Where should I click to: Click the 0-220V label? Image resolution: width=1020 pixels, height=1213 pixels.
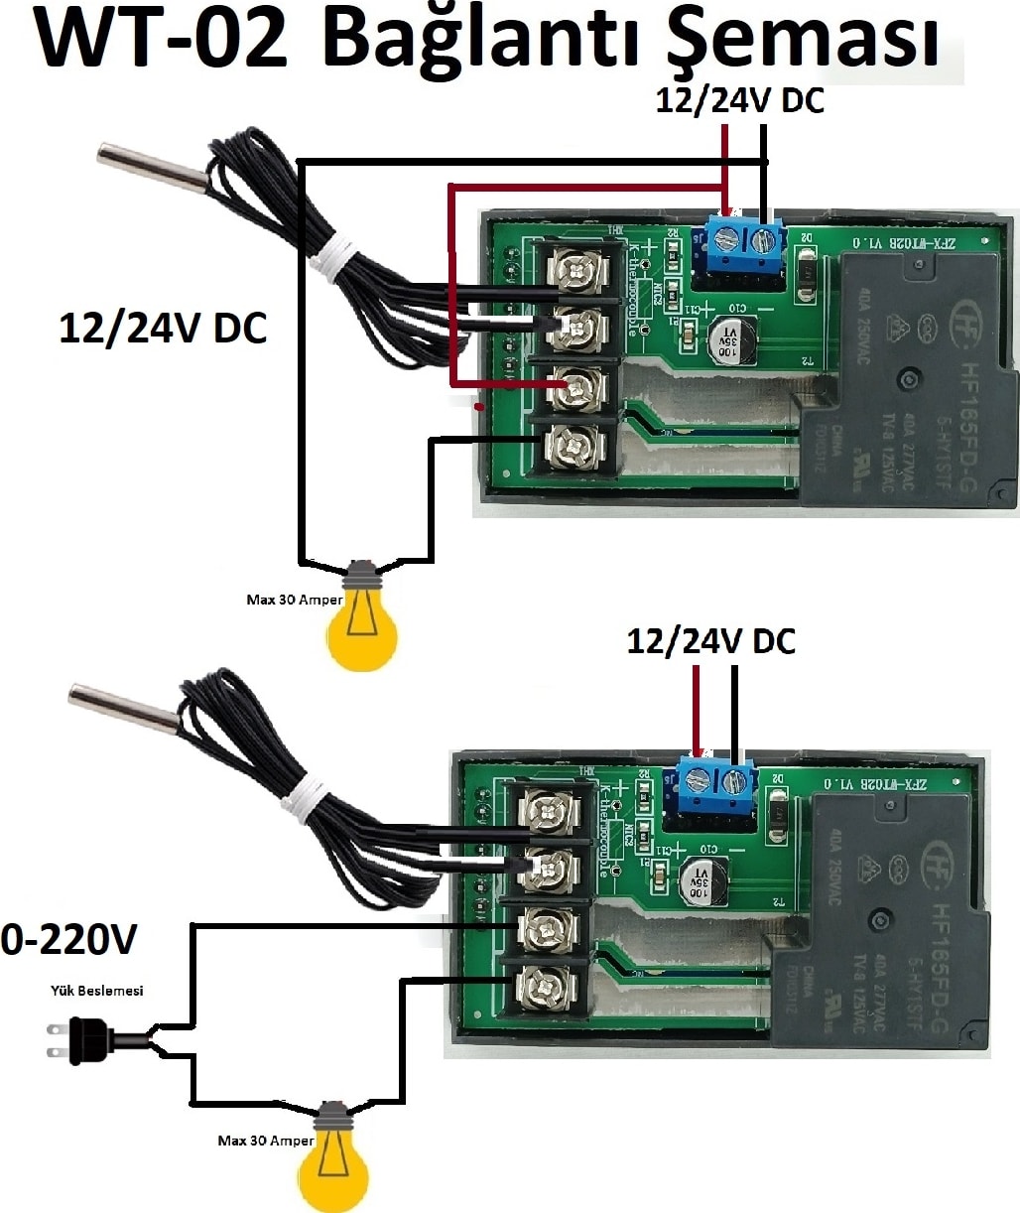coord(68,939)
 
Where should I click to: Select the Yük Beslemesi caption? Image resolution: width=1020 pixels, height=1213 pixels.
coord(97,990)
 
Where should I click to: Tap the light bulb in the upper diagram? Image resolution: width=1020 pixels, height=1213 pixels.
coord(362,620)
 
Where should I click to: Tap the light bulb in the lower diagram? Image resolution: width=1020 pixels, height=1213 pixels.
coord(333,1161)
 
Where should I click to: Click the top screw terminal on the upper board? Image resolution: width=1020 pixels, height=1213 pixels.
coord(578,271)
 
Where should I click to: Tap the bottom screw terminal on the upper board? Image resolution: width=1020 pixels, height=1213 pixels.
coord(576,447)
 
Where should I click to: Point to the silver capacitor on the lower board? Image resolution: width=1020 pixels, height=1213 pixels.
coord(703,880)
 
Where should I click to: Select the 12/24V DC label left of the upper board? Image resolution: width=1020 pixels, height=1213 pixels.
coord(163,329)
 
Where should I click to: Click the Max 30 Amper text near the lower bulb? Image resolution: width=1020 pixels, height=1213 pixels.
coord(265,1141)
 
